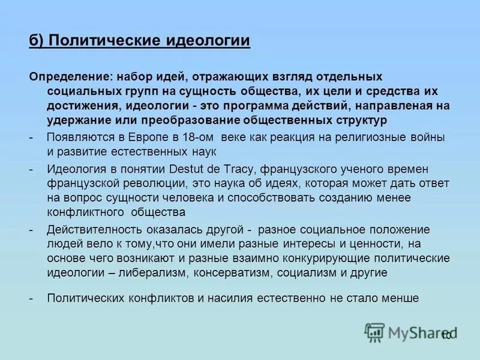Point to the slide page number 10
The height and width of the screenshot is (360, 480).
click(x=445, y=335)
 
